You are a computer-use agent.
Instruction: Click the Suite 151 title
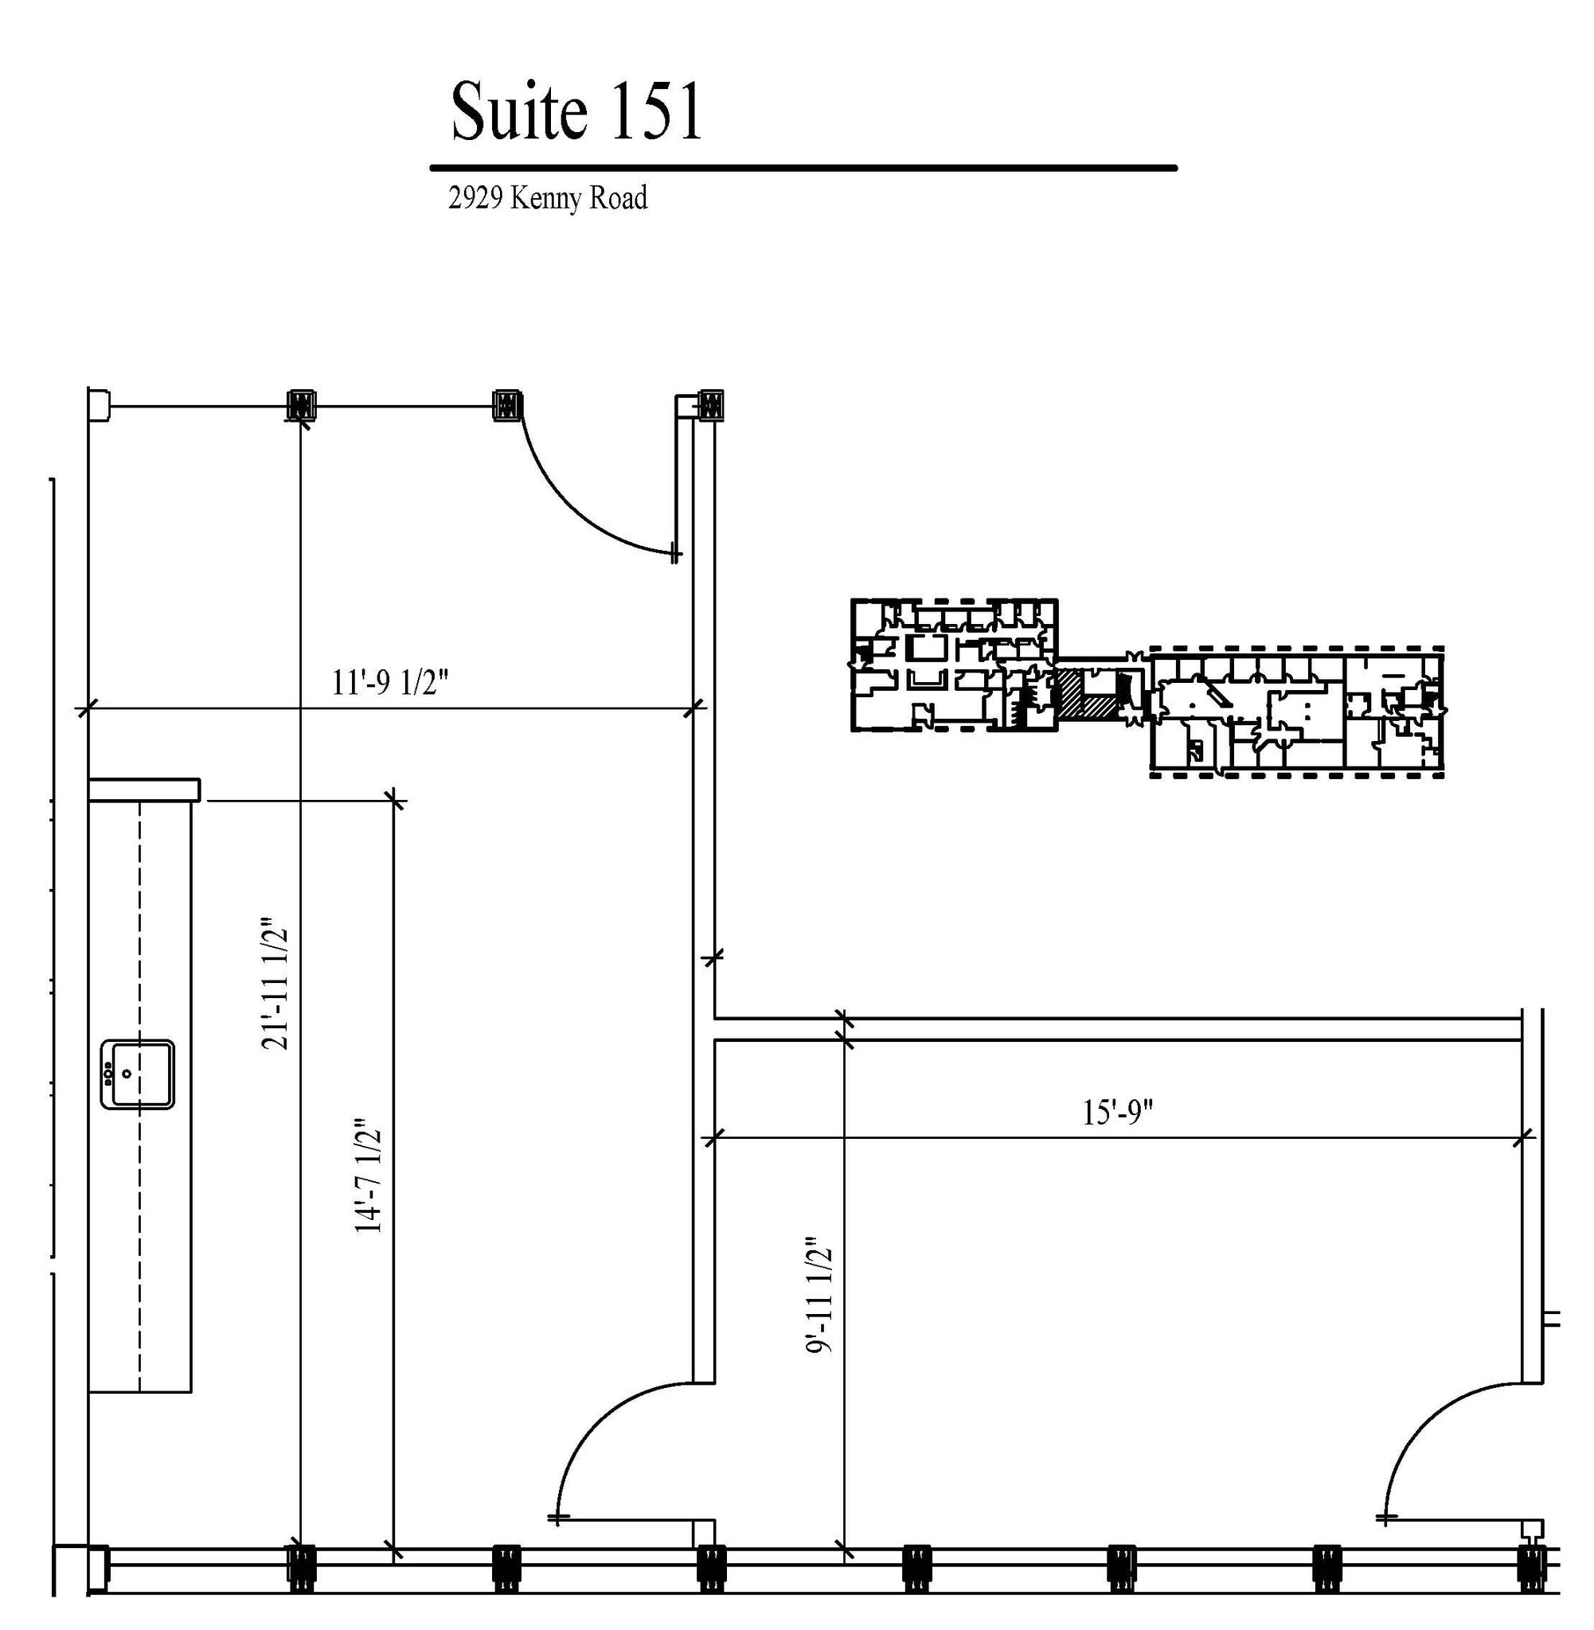(x=576, y=111)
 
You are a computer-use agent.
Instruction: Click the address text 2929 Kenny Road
(x=548, y=199)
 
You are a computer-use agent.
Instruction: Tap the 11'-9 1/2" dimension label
(x=390, y=683)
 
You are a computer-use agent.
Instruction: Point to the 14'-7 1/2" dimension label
(x=368, y=1176)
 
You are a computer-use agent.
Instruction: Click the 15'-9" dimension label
(x=1118, y=1113)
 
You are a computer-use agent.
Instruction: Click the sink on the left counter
(x=137, y=1074)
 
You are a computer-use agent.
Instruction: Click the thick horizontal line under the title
(x=803, y=168)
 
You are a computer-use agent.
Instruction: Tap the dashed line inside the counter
(x=140, y=1088)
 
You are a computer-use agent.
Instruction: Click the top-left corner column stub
(x=99, y=404)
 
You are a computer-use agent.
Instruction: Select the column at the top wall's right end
(x=711, y=406)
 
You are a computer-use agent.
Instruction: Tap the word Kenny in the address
(x=547, y=199)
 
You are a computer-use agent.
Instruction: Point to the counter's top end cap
(x=145, y=789)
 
